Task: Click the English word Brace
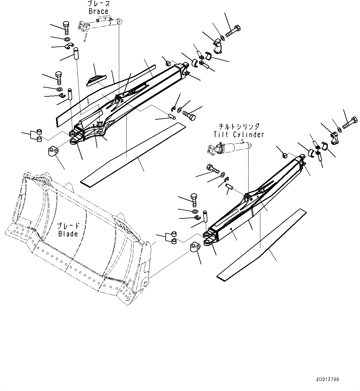[98, 11]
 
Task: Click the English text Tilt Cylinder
[239, 134]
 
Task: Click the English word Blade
[68, 234]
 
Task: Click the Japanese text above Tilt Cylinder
[239, 127]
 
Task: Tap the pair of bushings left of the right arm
[174, 237]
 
